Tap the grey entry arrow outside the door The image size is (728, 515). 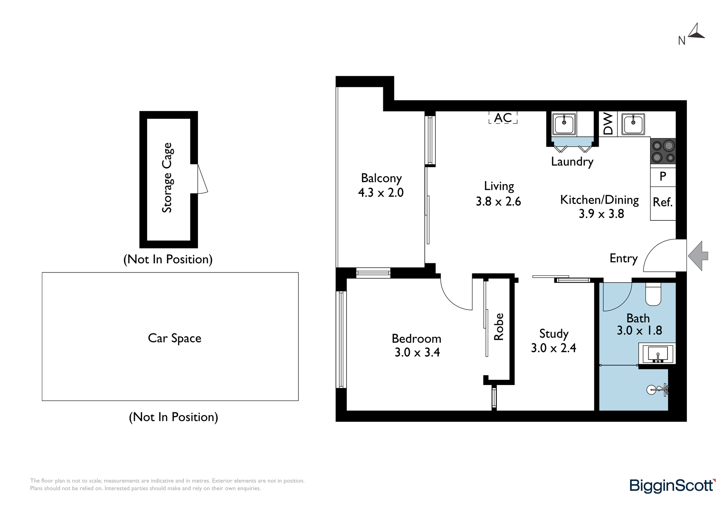pos(697,256)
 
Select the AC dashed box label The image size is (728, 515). pos(503,118)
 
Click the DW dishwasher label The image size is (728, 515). pos(608,124)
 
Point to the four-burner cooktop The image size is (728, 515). pos(663,151)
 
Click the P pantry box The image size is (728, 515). pos(663,177)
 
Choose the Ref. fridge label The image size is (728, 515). pos(662,202)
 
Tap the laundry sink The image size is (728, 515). pos(564,124)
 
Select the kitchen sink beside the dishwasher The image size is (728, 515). pos(633,124)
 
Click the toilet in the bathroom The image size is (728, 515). pos(653,295)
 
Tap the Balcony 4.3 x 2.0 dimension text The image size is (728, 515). pos(381,192)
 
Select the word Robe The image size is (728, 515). pos(499,327)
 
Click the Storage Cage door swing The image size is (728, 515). pos(202,179)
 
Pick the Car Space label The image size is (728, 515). pos(174,338)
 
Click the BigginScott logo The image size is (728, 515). pos(672,485)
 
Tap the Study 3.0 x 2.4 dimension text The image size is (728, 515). pos(553,348)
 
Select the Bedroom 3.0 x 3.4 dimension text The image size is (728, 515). pos(417,352)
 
